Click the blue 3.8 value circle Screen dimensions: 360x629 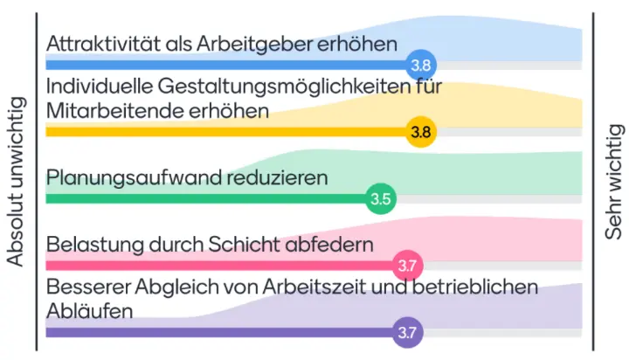(421, 64)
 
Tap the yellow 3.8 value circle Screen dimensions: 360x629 (421, 132)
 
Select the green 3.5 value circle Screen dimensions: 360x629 (381, 198)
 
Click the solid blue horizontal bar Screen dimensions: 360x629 (227, 65)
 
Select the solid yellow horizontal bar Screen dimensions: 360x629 (227, 132)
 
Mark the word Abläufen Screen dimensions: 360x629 (89, 310)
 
